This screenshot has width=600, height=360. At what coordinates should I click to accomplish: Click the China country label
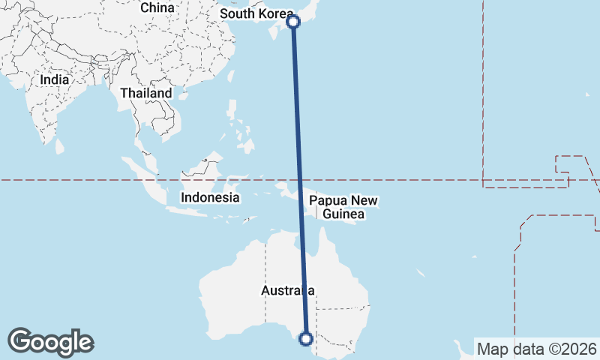point(157,7)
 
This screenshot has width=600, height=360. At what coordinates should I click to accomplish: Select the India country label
point(55,79)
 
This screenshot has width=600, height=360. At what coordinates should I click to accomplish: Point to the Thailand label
point(146,94)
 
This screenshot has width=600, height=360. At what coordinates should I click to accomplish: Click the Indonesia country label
point(210,198)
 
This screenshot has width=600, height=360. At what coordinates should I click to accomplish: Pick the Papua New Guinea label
point(343,208)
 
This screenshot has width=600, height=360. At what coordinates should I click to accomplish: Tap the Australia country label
point(287,290)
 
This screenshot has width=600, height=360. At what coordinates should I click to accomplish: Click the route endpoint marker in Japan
point(294,22)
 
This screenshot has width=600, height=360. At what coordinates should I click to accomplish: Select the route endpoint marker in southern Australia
point(305,338)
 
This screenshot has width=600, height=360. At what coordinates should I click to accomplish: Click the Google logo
point(51,342)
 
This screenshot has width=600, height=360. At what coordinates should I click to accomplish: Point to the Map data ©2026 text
point(537,349)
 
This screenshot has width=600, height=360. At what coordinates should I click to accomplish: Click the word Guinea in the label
point(343,214)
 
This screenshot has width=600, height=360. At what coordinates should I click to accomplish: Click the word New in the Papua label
point(364,201)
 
